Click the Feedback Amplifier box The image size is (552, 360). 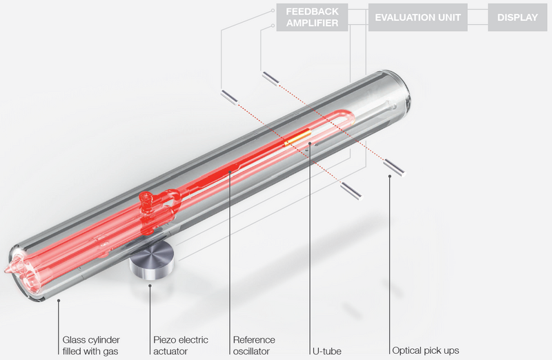click(x=313, y=17)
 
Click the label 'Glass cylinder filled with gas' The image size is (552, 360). click(x=90, y=345)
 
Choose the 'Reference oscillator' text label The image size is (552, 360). click(x=254, y=345)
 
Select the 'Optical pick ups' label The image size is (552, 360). click(x=424, y=350)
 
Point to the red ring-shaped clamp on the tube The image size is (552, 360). click(x=147, y=201)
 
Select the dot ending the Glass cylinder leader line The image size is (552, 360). click(x=59, y=301)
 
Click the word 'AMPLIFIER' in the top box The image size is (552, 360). click(x=313, y=23)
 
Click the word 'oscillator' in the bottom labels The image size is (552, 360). click(x=254, y=351)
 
